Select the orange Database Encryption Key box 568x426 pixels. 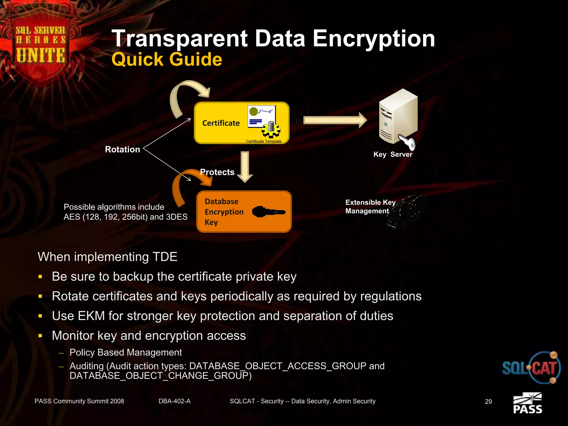pos(244,212)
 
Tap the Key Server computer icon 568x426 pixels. pos(398,118)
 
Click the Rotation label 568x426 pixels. pos(122,149)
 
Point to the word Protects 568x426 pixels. pos(217,172)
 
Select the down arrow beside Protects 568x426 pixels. pos(245,166)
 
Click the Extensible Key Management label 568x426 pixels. pos(370,207)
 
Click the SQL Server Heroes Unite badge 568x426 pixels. pos(40,44)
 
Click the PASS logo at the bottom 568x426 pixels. pos(528,404)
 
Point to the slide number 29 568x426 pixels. pos(488,401)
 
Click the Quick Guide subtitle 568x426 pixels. pos(167,59)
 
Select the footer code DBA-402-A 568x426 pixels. pos(174,401)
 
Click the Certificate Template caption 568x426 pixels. pos(263,141)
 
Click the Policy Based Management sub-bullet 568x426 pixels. pos(126,353)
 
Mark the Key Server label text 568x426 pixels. pos(393,154)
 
